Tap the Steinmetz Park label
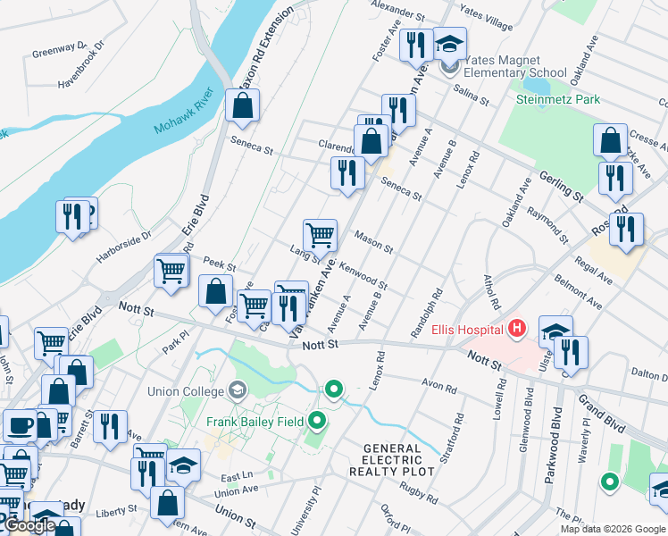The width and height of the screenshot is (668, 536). point(558,99)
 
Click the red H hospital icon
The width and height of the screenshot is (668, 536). point(515,330)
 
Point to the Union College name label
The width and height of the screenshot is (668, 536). point(190,389)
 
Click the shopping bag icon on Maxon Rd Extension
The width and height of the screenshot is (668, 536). point(242,105)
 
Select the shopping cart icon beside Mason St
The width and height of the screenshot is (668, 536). point(320,235)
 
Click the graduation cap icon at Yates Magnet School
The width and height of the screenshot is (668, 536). point(449,44)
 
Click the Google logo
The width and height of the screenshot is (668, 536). point(29,525)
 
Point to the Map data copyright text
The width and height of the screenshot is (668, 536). point(611,529)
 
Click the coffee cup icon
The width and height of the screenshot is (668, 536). point(18,426)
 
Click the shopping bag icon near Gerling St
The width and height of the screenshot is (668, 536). point(610,140)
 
